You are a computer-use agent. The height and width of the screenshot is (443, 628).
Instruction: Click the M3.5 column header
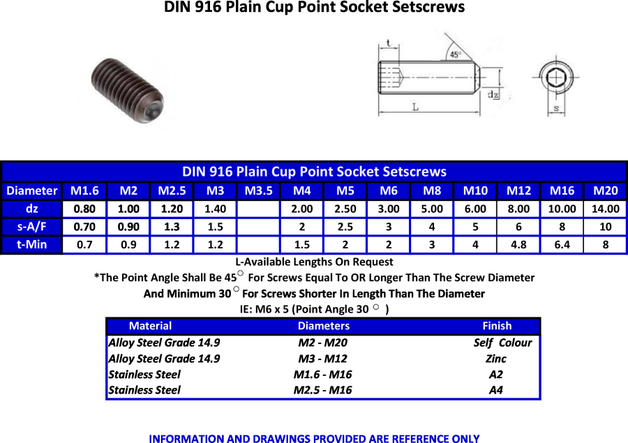click(258, 190)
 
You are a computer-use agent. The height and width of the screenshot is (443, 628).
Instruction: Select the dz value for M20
click(605, 209)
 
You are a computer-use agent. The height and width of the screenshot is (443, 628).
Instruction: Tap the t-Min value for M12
click(518, 244)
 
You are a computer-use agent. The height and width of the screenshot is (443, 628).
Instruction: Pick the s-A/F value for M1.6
click(84, 227)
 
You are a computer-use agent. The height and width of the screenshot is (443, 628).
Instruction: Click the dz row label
click(31, 209)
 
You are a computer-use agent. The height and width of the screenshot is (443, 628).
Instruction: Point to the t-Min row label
click(31, 244)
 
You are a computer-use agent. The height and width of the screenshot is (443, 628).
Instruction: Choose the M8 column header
click(432, 190)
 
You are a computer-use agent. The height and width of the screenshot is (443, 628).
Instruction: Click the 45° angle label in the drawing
click(456, 54)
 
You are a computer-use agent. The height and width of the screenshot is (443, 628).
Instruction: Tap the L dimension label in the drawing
click(416, 107)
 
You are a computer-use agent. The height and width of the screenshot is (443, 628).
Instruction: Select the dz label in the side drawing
click(493, 94)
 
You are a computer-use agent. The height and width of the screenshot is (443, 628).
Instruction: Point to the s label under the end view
click(556, 108)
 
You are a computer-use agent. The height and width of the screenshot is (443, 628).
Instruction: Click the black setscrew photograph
click(128, 91)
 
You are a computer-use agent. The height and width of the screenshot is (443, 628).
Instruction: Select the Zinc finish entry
click(496, 359)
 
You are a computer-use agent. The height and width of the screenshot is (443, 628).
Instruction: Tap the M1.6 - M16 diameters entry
click(323, 375)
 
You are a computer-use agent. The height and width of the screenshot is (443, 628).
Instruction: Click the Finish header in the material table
click(497, 326)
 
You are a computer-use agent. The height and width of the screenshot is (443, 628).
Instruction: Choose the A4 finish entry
click(496, 390)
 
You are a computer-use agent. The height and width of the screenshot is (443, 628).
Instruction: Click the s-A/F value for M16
click(562, 227)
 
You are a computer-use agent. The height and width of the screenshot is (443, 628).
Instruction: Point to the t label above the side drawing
click(389, 43)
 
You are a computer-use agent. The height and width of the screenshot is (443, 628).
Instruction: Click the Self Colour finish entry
click(502, 343)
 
